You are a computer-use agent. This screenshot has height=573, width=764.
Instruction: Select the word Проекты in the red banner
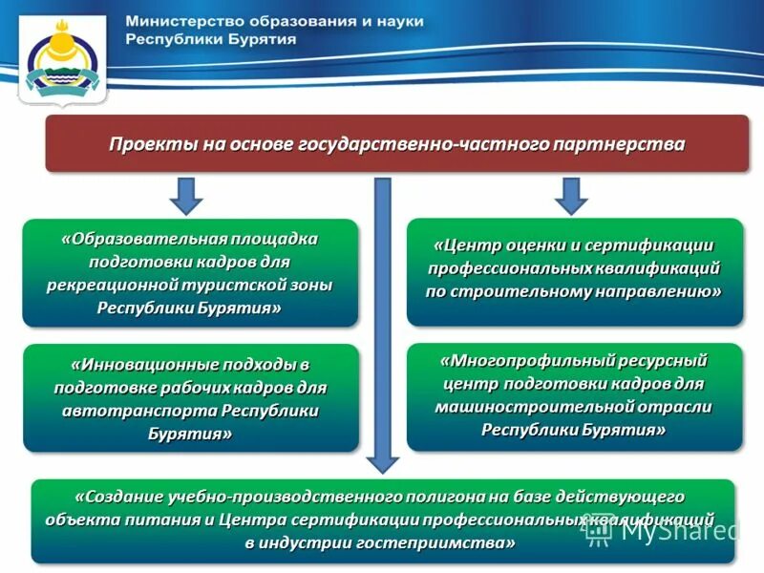(152, 144)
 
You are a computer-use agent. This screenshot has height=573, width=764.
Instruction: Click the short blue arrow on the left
(187, 195)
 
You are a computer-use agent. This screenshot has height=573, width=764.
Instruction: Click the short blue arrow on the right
(571, 195)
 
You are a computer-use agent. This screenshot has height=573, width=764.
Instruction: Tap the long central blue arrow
(382, 325)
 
